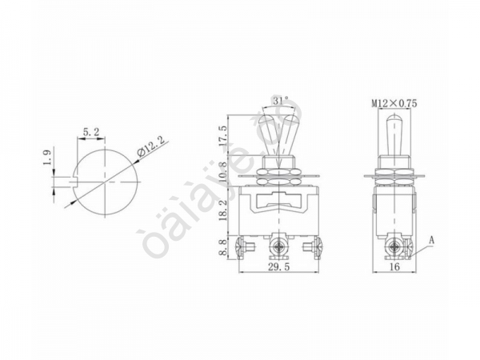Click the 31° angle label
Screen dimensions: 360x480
coord(278,102)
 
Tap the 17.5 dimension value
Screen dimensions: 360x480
coord(224,137)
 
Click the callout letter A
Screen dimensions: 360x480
coord(432,239)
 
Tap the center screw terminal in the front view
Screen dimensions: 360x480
coord(279,243)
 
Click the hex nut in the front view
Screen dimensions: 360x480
coord(279,171)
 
